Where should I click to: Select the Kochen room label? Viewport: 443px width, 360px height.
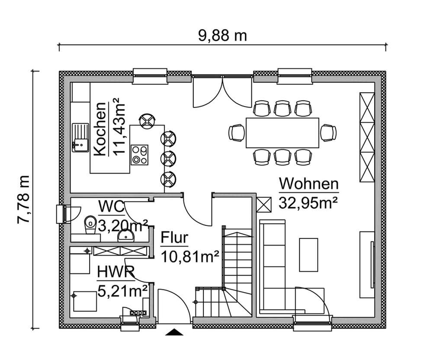(x=100, y=129)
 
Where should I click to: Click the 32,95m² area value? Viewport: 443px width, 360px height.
(x=308, y=202)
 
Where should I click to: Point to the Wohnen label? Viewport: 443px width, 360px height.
(x=308, y=184)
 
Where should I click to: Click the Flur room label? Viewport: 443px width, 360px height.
(x=174, y=238)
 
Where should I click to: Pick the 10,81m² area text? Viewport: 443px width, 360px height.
(x=189, y=257)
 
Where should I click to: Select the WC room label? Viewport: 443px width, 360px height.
(x=111, y=207)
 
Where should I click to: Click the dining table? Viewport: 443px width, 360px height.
(x=282, y=132)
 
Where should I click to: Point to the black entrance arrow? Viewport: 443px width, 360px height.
(x=174, y=332)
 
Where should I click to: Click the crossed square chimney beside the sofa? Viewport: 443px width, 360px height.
(x=263, y=204)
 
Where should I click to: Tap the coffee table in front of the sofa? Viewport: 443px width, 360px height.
(x=308, y=254)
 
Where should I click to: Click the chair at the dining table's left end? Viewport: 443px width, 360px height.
(x=236, y=132)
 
